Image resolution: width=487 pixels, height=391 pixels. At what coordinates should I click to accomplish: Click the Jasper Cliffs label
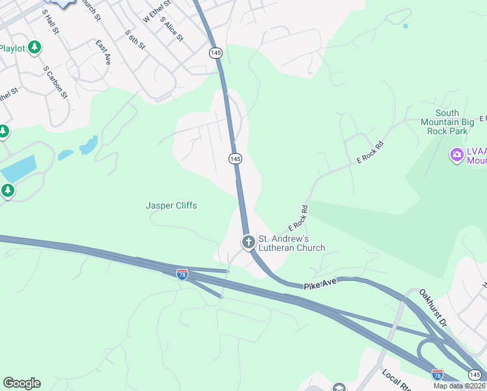(x=171, y=206)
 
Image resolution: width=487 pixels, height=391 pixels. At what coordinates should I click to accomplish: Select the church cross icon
(x=248, y=242)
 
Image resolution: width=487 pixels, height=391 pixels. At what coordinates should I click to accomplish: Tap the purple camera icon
(x=457, y=155)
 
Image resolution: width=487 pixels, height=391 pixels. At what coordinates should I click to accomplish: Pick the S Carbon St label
(x=55, y=81)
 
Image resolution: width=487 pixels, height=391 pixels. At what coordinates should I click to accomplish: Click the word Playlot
(x=12, y=48)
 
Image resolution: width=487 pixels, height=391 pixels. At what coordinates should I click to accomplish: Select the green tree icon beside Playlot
(x=35, y=48)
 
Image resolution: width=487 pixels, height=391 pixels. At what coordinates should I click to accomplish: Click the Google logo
(x=21, y=383)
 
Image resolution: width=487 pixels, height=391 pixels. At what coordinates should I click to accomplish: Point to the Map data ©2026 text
(x=459, y=386)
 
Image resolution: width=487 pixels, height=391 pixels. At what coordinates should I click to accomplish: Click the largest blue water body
(x=18, y=169)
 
